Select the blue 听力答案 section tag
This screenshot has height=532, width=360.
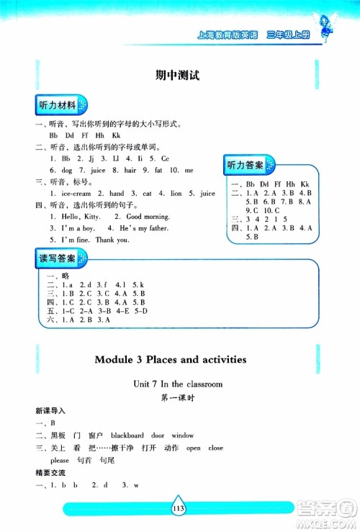pyautogui.click(x=245, y=166)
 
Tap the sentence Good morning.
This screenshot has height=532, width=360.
pyautogui.click(x=148, y=216)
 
